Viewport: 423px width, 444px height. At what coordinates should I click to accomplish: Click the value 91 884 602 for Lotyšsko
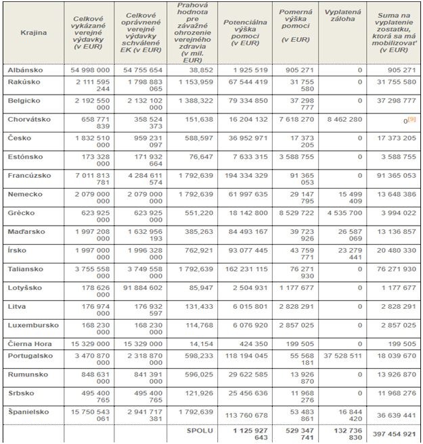(x=142, y=288)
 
